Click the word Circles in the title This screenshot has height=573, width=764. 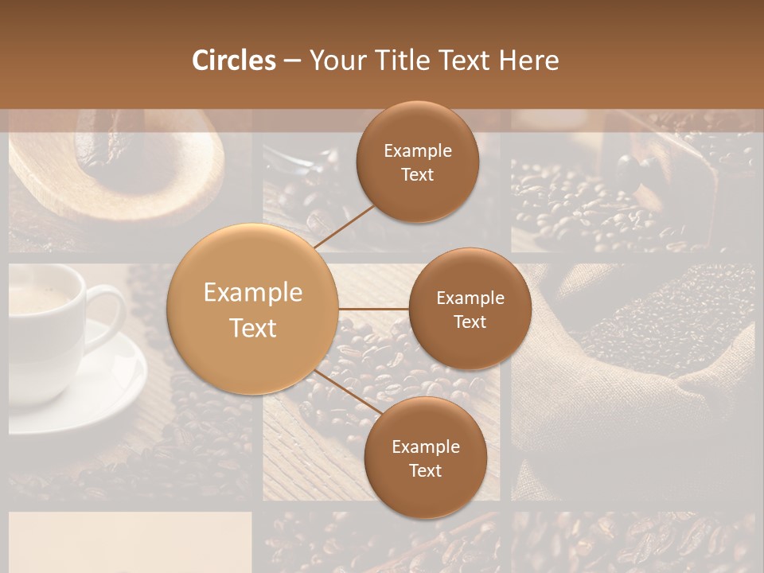point(234,60)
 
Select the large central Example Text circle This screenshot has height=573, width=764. point(253,309)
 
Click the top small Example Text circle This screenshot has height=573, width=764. point(418,162)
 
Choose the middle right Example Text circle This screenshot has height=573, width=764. point(470,309)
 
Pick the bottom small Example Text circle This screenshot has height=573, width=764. point(425,458)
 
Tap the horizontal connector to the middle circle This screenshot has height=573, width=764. point(374,309)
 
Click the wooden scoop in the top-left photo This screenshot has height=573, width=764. point(119,175)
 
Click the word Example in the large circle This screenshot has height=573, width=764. point(253,293)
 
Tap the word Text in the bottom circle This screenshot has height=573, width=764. point(425,470)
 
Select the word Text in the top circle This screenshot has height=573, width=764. point(418,175)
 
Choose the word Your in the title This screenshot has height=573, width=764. point(333,60)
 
